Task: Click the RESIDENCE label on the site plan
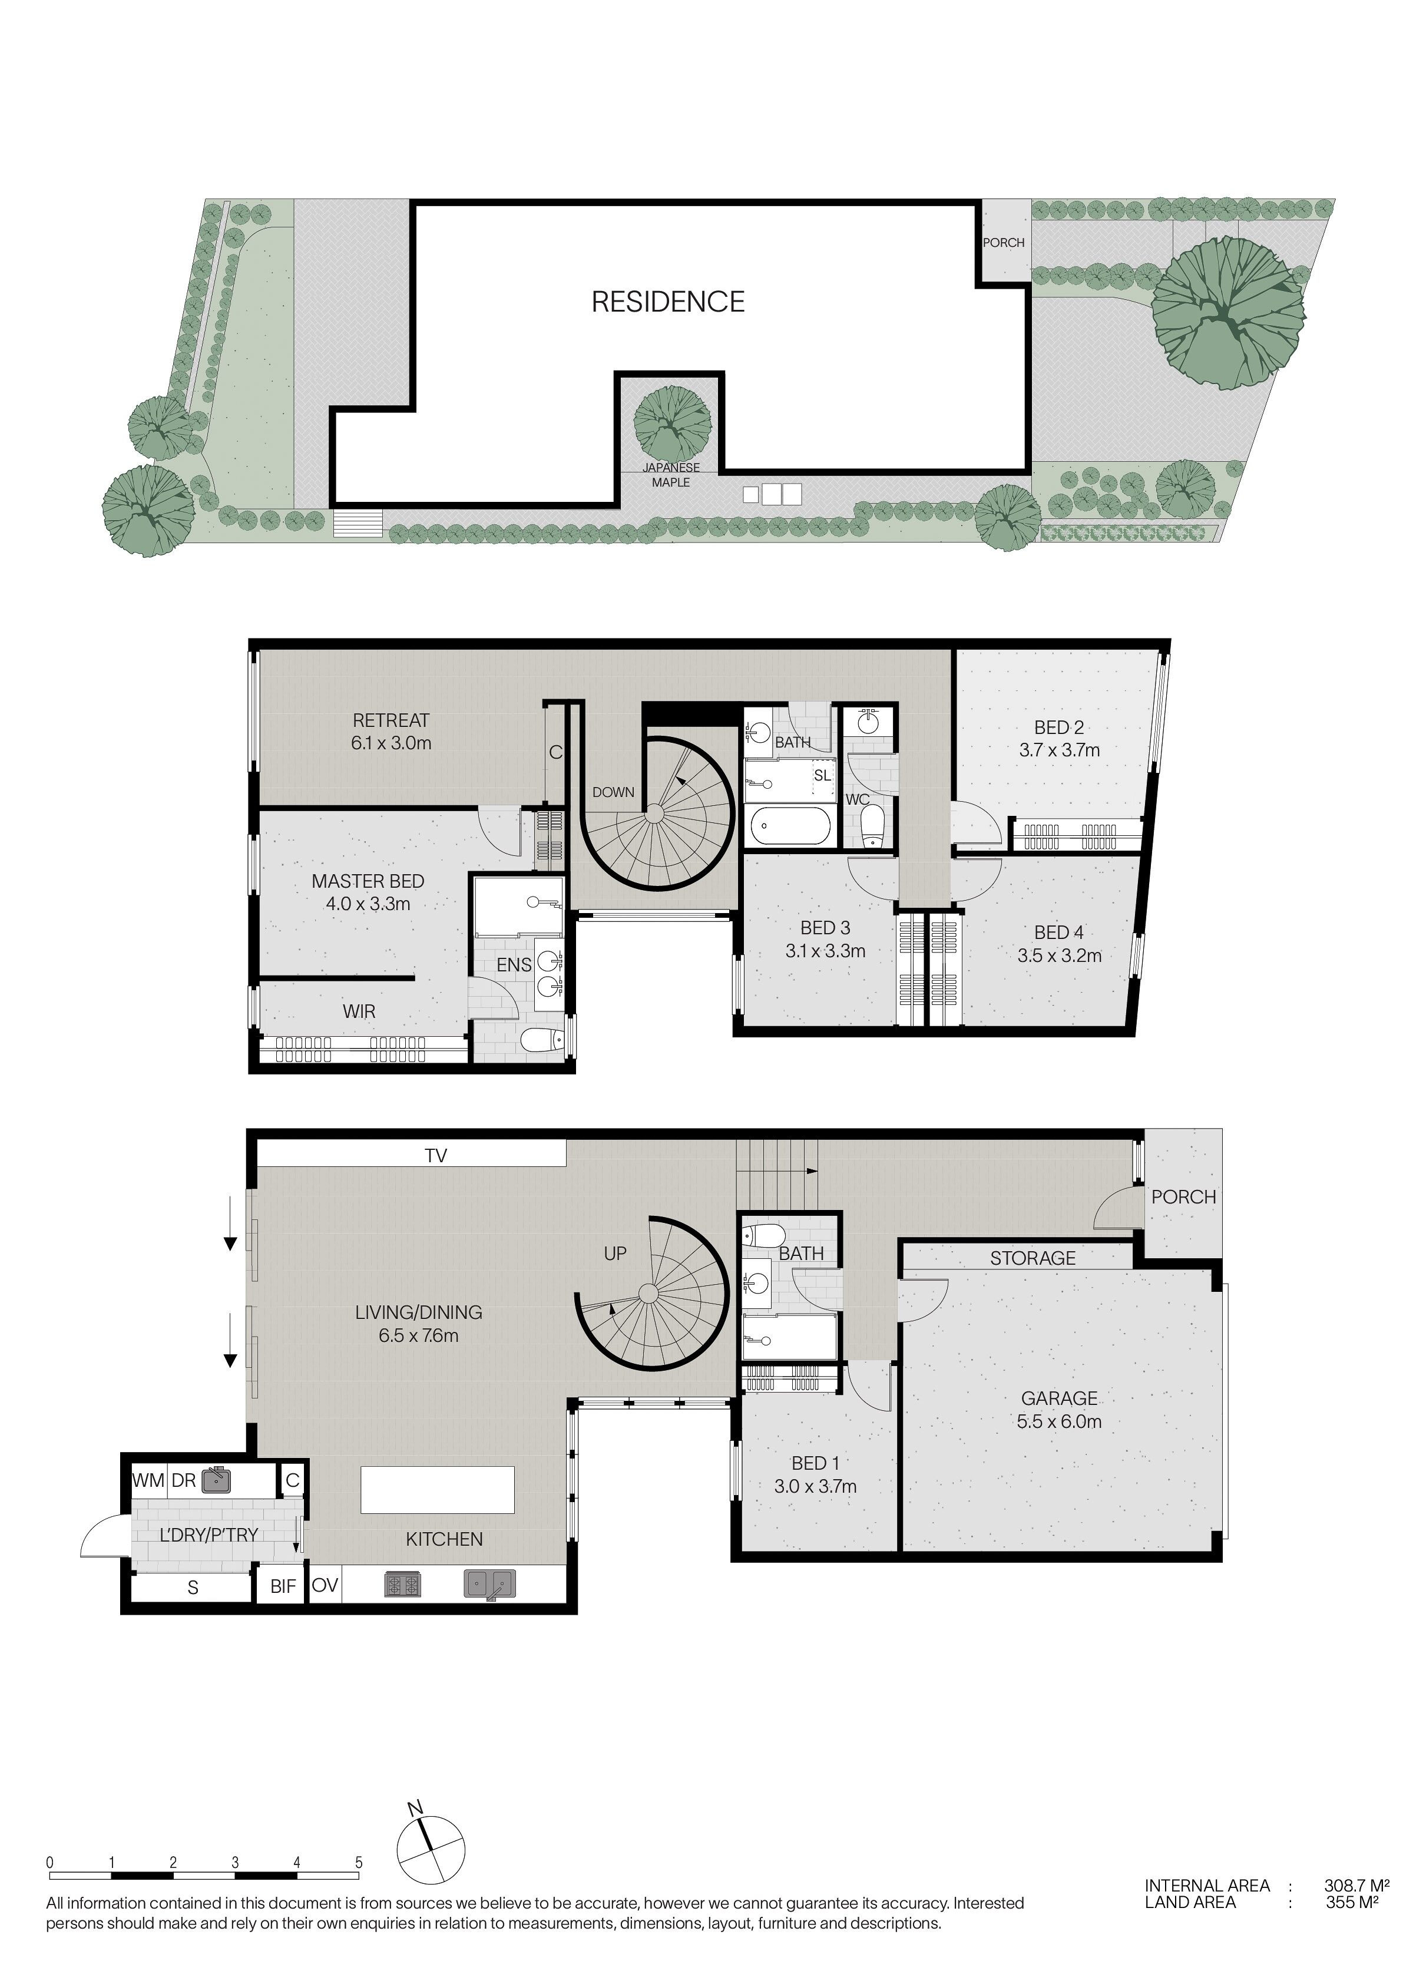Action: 668,302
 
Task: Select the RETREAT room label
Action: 391,720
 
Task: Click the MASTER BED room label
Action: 368,881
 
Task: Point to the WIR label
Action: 359,1011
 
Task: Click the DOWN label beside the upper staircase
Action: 613,792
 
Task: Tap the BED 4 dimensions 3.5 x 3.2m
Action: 1059,955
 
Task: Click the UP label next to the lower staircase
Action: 615,1253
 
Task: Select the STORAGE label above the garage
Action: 1033,1258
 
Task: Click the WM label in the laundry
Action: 148,1480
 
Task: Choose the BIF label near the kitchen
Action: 283,1586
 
